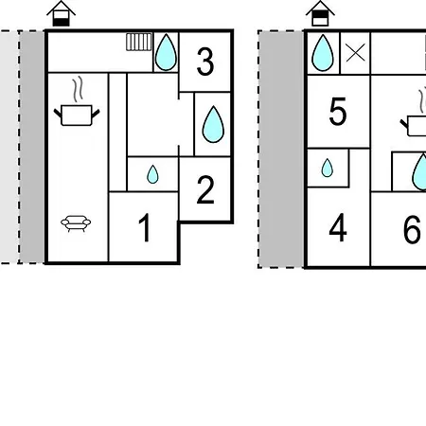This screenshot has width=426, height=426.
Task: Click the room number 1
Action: [145, 227]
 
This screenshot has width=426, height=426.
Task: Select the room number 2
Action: [205, 189]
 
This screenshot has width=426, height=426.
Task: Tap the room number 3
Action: [205, 62]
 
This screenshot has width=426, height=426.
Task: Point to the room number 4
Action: [338, 227]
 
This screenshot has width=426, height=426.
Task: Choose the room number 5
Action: [338, 112]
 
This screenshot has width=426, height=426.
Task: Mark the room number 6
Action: [412, 230]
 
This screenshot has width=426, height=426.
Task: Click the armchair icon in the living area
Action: [76, 223]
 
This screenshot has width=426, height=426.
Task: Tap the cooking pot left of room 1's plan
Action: [77, 115]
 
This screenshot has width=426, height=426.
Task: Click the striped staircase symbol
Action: [139, 42]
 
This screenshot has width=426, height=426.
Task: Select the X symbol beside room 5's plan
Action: [355, 53]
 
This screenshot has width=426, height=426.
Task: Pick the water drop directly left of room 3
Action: [166, 52]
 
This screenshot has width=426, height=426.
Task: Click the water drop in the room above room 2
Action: [213, 124]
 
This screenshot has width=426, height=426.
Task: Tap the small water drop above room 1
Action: [152, 174]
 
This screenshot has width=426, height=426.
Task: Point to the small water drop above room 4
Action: [328, 168]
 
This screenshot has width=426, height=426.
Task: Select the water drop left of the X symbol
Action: [323, 53]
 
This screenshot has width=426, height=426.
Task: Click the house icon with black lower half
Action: [61, 13]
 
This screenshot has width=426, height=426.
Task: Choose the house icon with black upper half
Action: [320, 13]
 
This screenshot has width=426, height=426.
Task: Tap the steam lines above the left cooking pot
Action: [78, 89]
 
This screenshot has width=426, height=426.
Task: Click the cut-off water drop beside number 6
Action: [419, 171]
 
